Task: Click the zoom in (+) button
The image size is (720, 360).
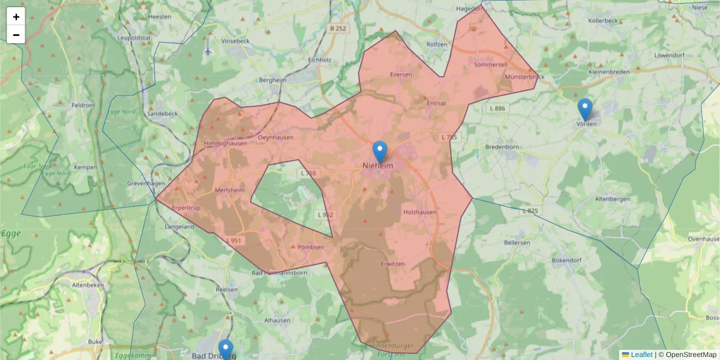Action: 16,17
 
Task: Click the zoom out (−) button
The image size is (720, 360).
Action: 16,35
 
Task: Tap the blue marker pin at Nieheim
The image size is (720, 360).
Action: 379,152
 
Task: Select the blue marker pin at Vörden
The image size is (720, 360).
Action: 585,109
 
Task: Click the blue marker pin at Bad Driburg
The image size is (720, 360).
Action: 226,350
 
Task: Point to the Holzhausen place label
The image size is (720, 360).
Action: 420,212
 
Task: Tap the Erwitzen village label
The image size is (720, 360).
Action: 393,264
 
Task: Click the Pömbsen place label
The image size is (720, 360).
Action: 311,247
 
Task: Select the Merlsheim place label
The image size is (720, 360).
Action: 229,190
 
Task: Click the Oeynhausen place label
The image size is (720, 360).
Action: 275,137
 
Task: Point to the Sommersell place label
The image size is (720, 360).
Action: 491,64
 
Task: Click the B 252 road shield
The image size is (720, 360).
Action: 338,28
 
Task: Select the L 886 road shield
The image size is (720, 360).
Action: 497,108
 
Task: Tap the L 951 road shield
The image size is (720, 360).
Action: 235,241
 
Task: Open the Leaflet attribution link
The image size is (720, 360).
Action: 641,355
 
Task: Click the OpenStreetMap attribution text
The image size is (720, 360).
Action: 691,355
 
